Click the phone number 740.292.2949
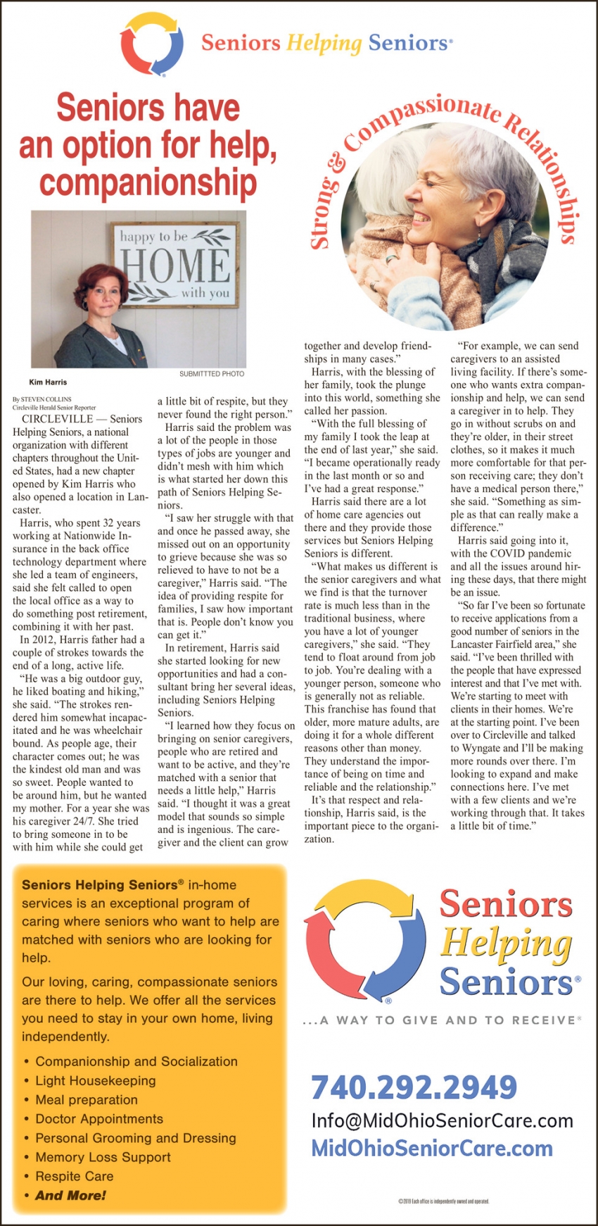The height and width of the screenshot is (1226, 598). (414, 1087)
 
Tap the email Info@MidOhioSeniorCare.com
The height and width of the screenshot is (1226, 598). (442, 1121)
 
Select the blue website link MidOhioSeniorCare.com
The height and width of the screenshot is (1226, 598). (432, 1149)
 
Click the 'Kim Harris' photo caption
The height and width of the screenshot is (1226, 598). (48, 382)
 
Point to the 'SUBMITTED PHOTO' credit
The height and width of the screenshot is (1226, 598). (211, 373)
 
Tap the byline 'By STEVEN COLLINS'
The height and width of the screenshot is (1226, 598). (42, 399)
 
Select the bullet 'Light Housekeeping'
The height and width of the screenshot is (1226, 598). (96, 1080)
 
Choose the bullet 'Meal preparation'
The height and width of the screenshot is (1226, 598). (87, 1099)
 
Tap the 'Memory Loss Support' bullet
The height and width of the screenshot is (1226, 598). (103, 1157)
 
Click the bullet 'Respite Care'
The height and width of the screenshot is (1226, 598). (75, 1176)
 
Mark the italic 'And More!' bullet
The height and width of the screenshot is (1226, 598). (70, 1195)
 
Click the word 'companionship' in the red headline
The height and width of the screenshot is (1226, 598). (148, 183)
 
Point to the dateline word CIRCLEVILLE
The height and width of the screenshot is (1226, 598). (57, 419)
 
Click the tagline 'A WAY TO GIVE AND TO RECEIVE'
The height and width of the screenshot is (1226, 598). (447, 1020)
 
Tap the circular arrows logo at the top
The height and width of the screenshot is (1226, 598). (151, 44)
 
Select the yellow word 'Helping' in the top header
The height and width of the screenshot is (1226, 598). (324, 44)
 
